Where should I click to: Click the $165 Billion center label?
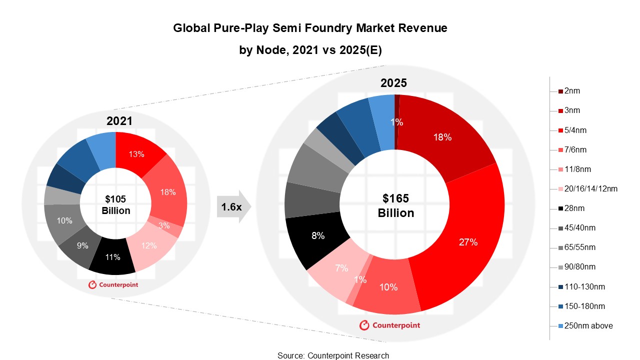(x=395, y=205)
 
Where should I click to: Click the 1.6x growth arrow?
(x=233, y=206)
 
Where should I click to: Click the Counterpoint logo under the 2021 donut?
(x=113, y=284)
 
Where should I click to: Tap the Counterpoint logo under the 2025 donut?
(x=389, y=325)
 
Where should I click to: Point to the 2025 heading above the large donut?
(x=394, y=82)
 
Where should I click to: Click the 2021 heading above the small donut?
(x=120, y=120)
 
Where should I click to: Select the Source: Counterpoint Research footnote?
(x=333, y=355)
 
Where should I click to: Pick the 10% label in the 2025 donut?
(x=388, y=287)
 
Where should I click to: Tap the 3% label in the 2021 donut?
(x=164, y=225)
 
